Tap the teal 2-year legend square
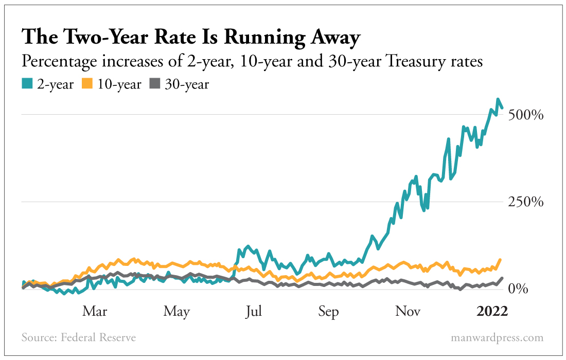tap(27, 84)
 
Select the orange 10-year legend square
tap(88, 84)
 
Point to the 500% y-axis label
tap(525, 115)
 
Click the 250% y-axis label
tap(525, 202)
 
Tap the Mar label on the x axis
tap(95, 312)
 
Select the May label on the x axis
tap(176, 312)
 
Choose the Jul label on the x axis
tap(254, 312)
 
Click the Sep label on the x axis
tap(328, 312)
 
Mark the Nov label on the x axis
tap(408, 312)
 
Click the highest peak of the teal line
tap(498, 99)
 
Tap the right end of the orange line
tap(501, 260)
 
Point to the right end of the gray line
tap(502, 278)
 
